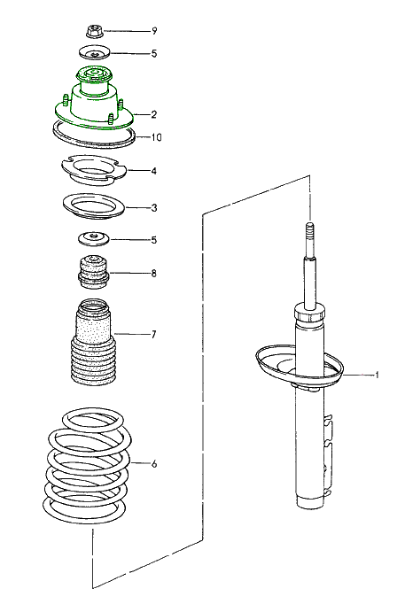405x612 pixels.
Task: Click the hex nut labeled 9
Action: point(93,31)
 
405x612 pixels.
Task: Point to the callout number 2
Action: point(153,115)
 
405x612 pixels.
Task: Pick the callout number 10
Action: point(156,137)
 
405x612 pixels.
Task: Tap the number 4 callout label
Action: point(153,171)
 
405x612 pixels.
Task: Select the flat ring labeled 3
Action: point(93,207)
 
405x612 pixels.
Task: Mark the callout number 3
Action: point(153,209)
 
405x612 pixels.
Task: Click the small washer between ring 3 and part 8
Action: point(92,238)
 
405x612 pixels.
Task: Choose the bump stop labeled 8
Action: point(91,272)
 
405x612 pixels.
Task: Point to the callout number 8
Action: point(153,273)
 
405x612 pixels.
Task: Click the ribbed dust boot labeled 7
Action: point(91,346)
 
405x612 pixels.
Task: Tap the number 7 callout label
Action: point(153,335)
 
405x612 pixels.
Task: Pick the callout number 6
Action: point(153,463)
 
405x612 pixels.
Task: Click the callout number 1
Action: point(378,376)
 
